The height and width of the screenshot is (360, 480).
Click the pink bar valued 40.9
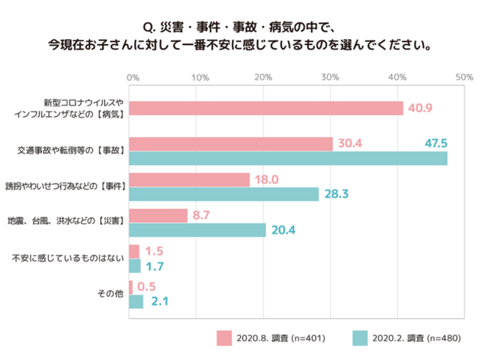266,108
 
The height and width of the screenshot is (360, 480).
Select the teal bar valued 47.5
288,158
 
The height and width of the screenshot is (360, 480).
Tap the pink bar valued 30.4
231,144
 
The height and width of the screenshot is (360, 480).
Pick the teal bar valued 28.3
224,194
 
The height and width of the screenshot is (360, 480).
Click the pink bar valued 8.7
158,216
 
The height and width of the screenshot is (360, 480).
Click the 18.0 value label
267,180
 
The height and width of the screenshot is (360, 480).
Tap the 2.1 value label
160,301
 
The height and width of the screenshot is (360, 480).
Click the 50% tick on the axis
463,77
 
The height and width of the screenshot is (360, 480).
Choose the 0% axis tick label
132,77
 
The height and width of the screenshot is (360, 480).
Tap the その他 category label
110,294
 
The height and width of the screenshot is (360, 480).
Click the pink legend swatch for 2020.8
224,337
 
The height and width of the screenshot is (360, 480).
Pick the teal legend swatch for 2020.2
358,337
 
